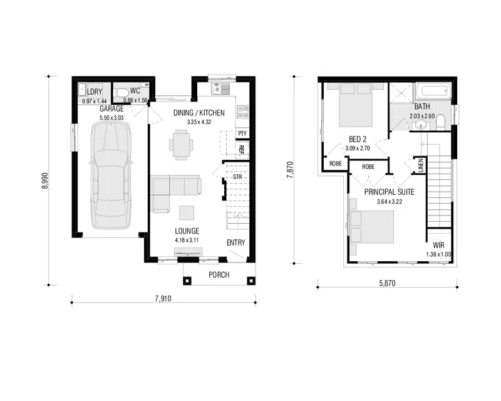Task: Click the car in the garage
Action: coord(111,175)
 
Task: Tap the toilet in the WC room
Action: coord(121,92)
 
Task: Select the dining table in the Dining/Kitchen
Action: coord(181,145)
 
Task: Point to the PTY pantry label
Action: coord(242,133)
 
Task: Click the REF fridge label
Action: coord(242,149)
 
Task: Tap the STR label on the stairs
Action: coord(237,177)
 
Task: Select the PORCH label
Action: coord(219,274)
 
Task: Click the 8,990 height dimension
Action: coord(44,180)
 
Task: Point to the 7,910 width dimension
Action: coord(163,299)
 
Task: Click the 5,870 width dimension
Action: coord(387,283)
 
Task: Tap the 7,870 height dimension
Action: coord(290,170)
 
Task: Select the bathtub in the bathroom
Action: coord(433,91)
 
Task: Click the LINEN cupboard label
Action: coord(421,165)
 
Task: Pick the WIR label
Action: coord(438,245)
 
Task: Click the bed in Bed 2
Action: coord(356,105)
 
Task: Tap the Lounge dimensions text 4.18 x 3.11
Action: coord(187,240)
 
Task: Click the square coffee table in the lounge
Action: coord(186,212)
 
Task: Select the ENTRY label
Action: coord(236,242)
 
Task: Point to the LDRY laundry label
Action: coord(95,91)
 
